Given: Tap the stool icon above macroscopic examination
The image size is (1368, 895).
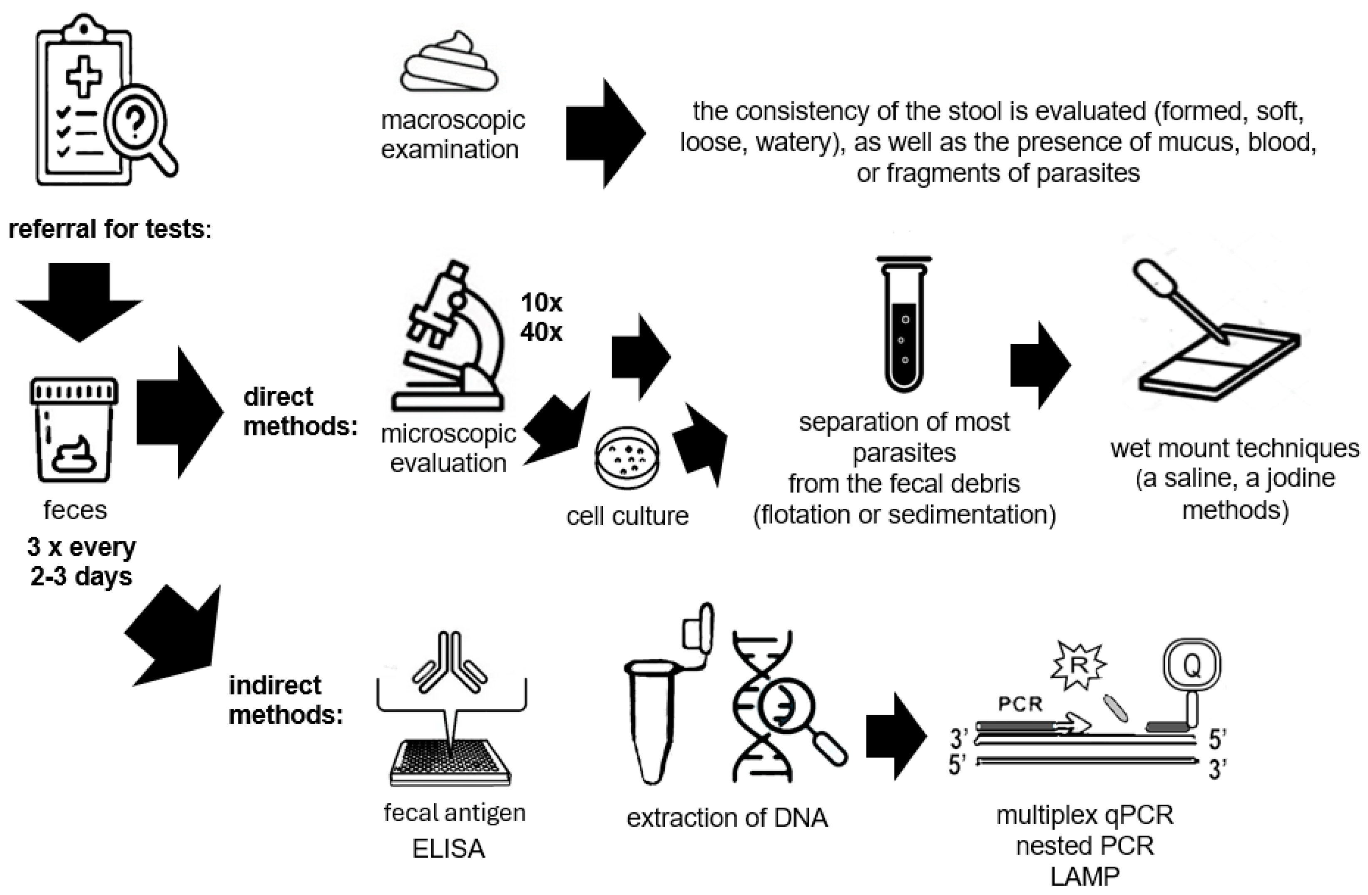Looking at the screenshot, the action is (449, 62).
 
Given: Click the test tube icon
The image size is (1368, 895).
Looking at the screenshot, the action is (904, 325).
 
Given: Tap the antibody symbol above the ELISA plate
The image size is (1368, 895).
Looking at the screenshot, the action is (450, 662).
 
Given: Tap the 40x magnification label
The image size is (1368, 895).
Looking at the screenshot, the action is (542, 332).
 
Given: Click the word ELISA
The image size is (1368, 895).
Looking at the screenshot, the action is (449, 848).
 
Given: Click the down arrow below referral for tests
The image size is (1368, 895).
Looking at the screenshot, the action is (80, 302).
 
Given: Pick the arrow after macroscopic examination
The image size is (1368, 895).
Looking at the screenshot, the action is (606, 133).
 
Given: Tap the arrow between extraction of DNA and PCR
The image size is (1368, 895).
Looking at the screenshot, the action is (897, 736).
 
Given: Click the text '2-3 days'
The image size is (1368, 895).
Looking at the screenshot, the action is (81, 576).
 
